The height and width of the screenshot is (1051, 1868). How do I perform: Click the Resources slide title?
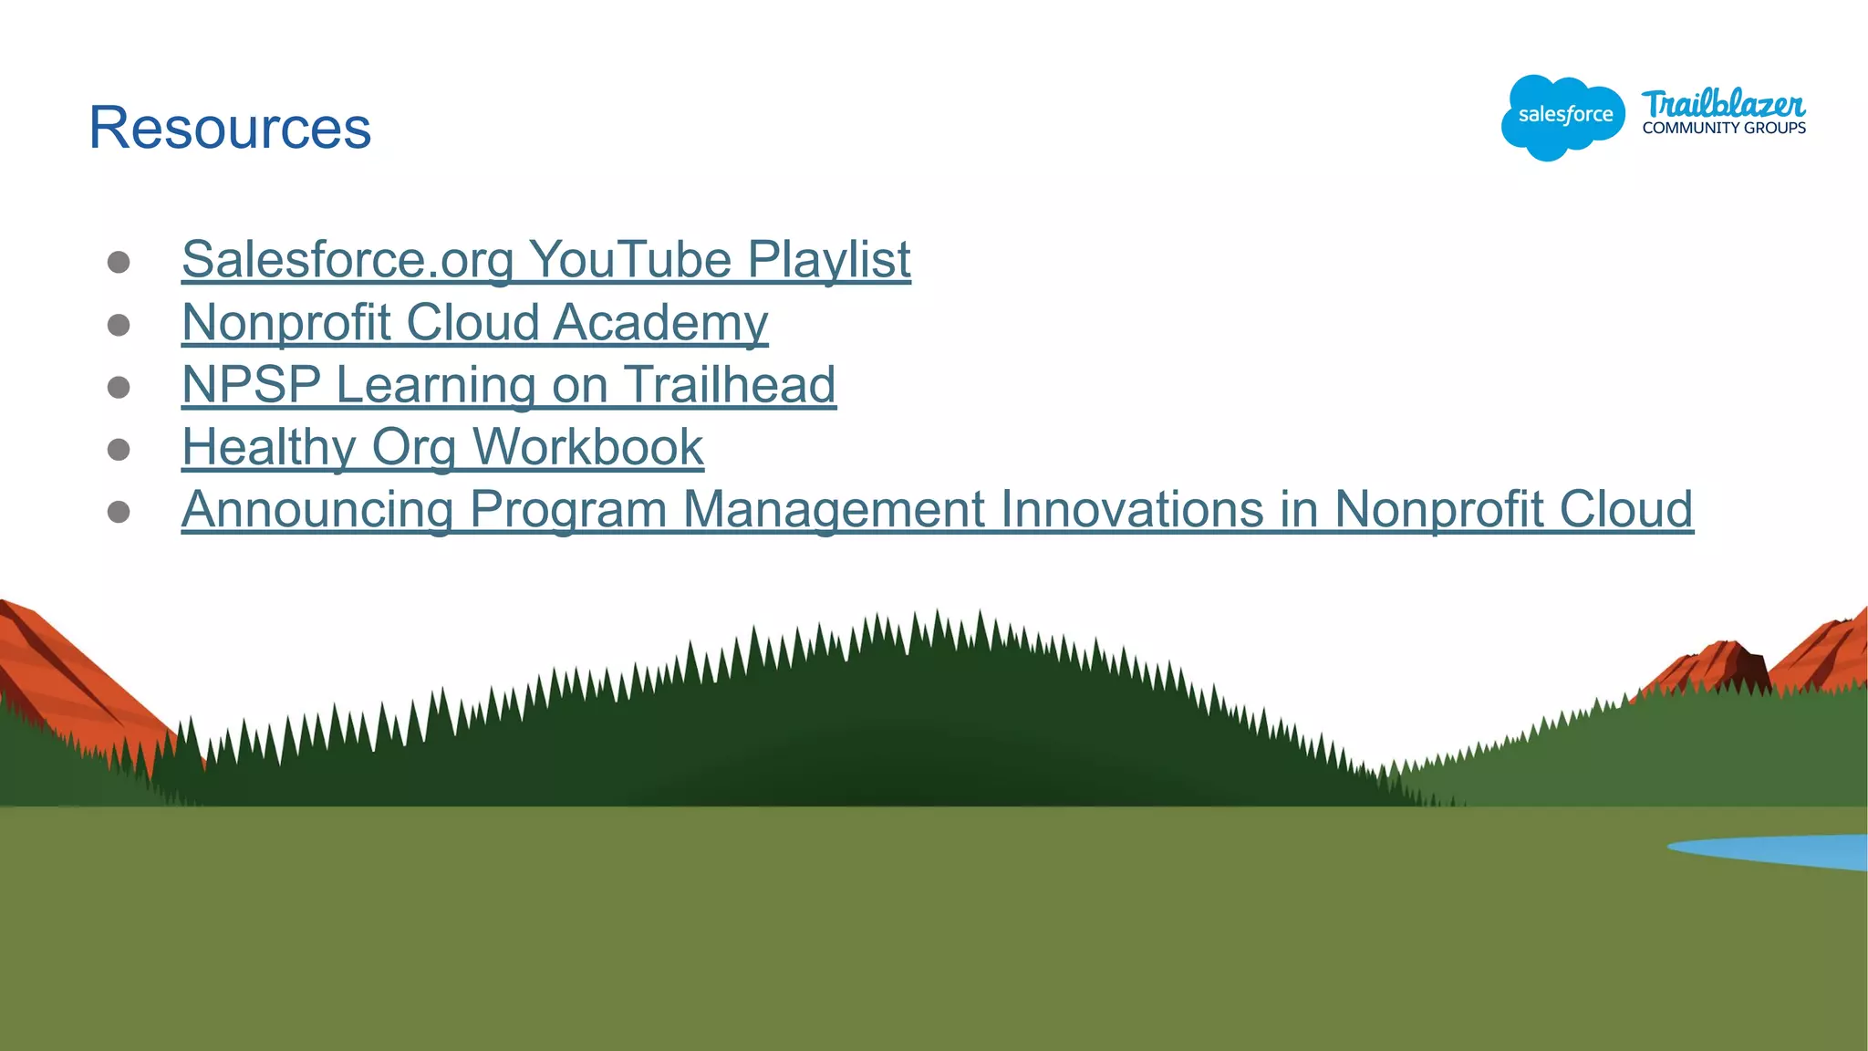click(x=230, y=128)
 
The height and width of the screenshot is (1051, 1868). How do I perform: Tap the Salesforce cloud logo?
click(x=1562, y=117)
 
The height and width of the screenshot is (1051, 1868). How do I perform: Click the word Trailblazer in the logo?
click(x=1723, y=104)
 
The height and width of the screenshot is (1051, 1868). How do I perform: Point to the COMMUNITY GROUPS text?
click(x=1724, y=129)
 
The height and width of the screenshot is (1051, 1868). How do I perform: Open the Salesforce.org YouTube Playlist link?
click(x=545, y=260)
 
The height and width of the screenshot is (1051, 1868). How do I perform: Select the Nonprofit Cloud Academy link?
click(x=474, y=323)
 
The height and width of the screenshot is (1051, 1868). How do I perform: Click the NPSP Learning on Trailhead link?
click(x=508, y=385)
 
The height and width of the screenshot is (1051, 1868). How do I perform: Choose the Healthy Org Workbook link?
click(x=442, y=447)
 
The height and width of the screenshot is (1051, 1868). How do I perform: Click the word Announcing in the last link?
click(x=317, y=509)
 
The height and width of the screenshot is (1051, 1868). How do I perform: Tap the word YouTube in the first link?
click(x=630, y=260)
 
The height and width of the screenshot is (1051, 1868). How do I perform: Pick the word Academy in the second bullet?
click(x=660, y=323)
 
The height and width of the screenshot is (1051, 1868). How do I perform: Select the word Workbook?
click(x=588, y=447)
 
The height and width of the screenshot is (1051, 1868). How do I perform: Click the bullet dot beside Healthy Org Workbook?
click(x=119, y=450)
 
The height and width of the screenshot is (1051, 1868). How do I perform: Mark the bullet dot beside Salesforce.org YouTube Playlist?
click(x=119, y=263)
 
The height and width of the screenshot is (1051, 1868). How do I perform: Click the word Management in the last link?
click(x=834, y=509)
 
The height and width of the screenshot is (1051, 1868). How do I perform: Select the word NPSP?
click(x=252, y=385)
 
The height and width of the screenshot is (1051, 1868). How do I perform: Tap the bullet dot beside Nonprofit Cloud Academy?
click(x=119, y=326)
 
